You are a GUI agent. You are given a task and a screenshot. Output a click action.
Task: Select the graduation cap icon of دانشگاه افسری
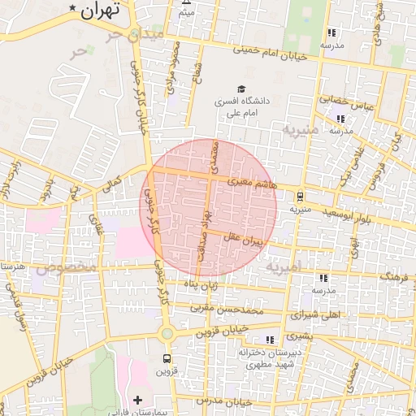click(x=240, y=89)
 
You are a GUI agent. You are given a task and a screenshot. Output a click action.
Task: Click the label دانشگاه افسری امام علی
click(x=240, y=108)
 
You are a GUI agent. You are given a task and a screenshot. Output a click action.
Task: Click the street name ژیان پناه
click(x=200, y=284)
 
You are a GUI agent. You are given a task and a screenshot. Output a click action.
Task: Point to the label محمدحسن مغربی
click(x=228, y=310)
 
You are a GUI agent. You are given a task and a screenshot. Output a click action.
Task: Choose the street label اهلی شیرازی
click(x=315, y=314)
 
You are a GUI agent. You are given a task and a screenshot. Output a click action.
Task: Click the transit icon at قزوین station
click(x=167, y=358)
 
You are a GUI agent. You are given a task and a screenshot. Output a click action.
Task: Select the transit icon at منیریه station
click(x=301, y=196)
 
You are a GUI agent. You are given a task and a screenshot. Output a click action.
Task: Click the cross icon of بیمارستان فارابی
click(x=137, y=400)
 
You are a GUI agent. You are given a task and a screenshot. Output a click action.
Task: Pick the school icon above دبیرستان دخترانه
click(x=270, y=340)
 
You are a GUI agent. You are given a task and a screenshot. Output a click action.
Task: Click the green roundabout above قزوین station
click(x=167, y=333)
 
